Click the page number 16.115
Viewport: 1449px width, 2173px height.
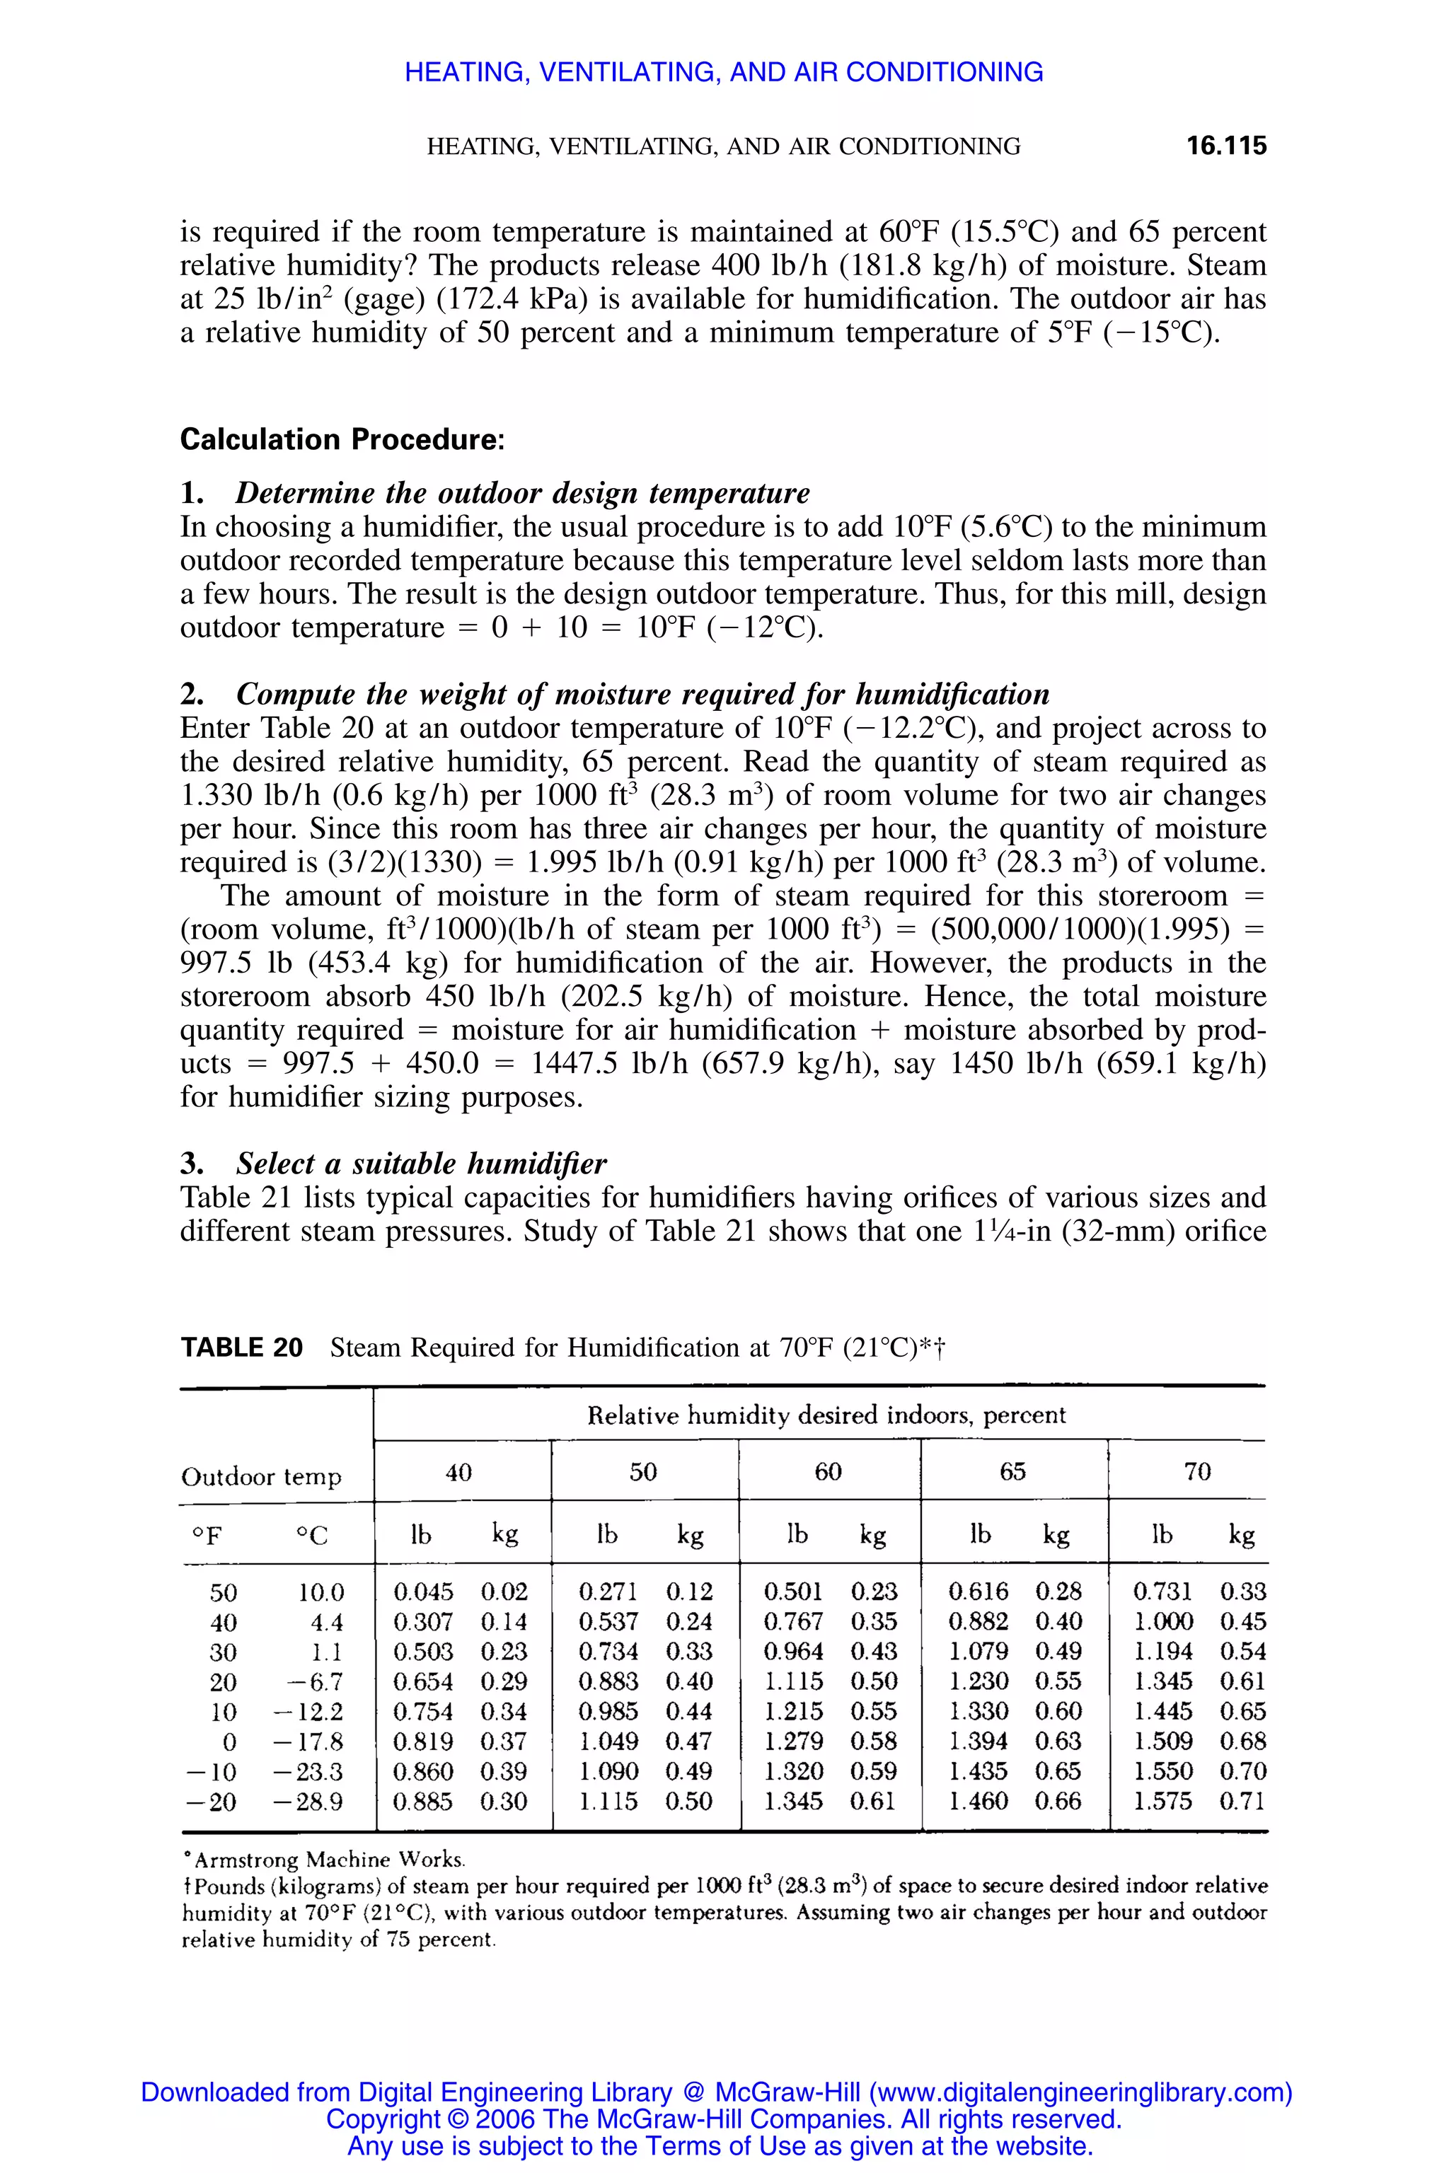click(1225, 146)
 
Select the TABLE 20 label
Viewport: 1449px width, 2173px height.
click(241, 1348)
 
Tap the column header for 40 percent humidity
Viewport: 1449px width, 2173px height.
click(458, 1472)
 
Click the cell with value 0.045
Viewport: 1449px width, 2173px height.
click(423, 1592)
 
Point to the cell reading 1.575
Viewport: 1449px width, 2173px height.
click(1162, 1801)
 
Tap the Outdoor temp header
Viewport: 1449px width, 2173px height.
click(262, 1477)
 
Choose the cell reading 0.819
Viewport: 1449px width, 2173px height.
click(423, 1742)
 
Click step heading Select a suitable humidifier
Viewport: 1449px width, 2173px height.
click(420, 1163)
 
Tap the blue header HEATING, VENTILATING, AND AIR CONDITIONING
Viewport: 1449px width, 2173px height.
click(724, 72)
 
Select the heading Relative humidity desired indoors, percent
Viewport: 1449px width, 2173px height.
click(826, 1415)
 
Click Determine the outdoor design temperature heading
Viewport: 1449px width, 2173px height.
click(522, 492)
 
